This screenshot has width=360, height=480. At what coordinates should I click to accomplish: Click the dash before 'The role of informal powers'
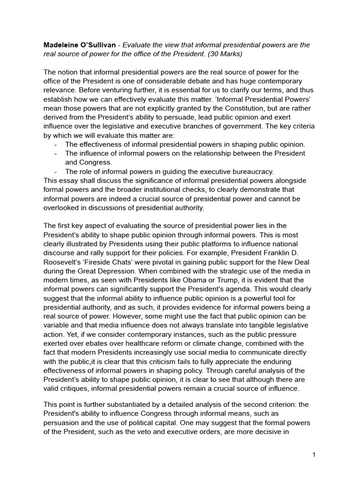(x=56, y=172)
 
